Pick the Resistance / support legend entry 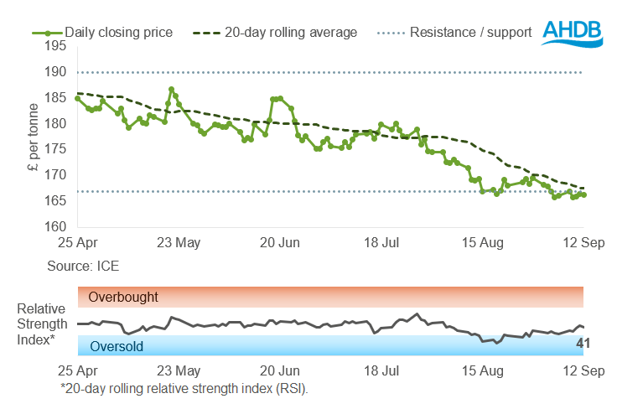470,33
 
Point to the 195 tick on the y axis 56,47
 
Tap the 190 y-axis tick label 56,72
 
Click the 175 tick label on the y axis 56,149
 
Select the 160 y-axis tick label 56,226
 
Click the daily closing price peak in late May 171,90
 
